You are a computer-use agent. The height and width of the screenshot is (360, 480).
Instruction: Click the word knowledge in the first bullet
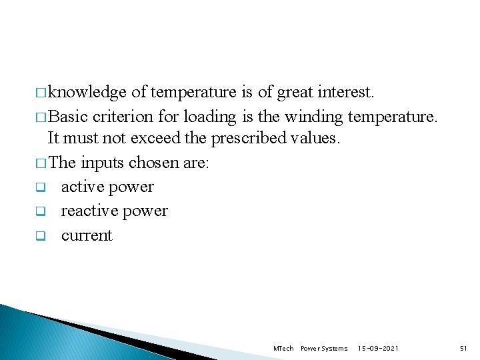(x=87, y=92)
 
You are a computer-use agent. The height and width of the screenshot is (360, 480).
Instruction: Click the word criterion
(x=123, y=117)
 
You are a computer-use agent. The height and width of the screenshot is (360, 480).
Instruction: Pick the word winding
(x=313, y=117)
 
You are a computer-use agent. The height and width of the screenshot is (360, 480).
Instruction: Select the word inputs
(x=103, y=163)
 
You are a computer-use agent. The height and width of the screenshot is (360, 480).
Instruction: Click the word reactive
(x=87, y=211)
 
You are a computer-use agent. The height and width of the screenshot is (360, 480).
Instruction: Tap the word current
(x=87, y=236)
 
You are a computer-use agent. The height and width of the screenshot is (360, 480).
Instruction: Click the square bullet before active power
(x=39, y=188)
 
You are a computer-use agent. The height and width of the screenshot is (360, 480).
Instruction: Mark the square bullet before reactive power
(x=39, y=212)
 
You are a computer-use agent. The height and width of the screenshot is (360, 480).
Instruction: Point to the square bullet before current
(x=39, y=237)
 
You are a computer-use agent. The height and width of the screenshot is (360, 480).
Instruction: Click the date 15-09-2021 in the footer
(x=378, y=349)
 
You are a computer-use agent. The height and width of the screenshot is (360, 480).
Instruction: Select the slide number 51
(x=463, y=349)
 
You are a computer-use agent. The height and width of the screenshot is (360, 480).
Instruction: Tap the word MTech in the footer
(x=283, y=349)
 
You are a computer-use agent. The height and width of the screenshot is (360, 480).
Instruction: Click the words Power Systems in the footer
(x=324, y=349)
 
